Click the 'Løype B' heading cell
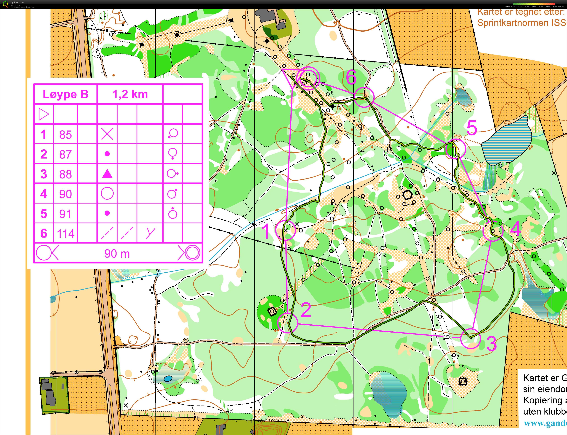coord(65,94)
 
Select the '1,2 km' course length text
coord(130,94)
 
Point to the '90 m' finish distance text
coord(117,253)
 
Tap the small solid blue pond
coord(168,379)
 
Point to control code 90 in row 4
coord(65,194)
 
